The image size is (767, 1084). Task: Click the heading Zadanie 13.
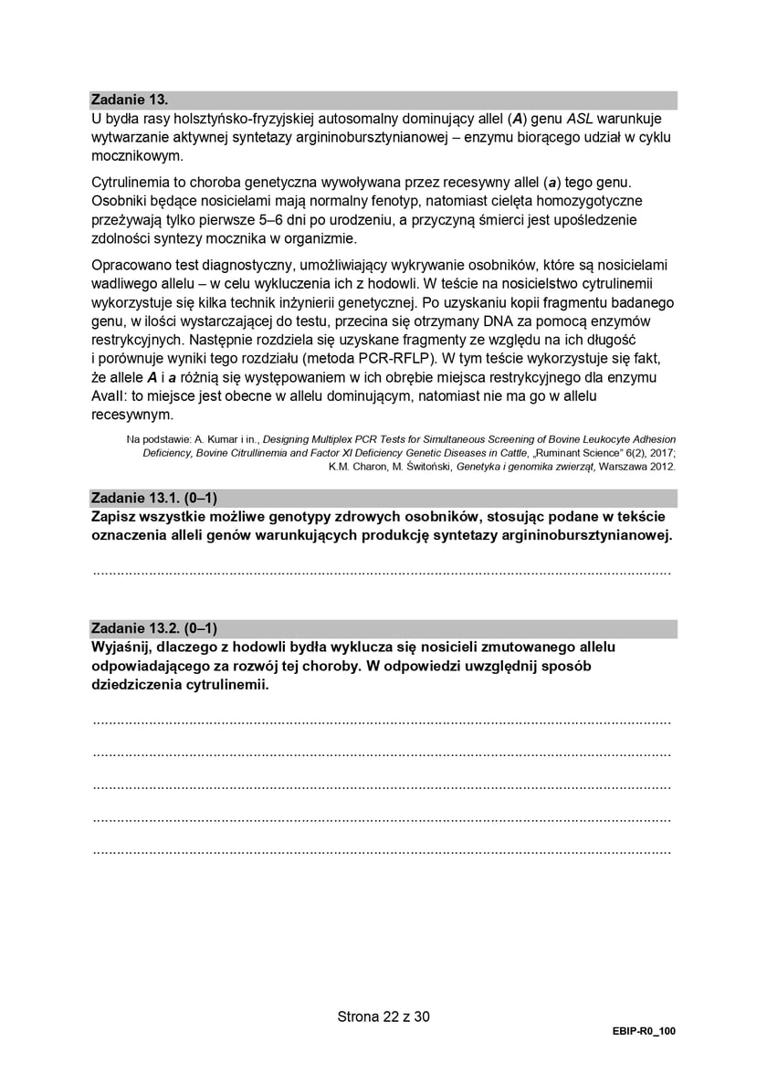point(131,100)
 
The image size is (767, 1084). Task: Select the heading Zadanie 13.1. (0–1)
point(154,498)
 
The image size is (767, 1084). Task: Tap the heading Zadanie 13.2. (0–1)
point(154,628)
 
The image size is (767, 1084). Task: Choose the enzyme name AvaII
point(111,395)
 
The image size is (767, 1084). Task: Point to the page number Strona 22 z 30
point(383,1016)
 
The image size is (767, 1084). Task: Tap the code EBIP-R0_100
point(644,1031)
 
